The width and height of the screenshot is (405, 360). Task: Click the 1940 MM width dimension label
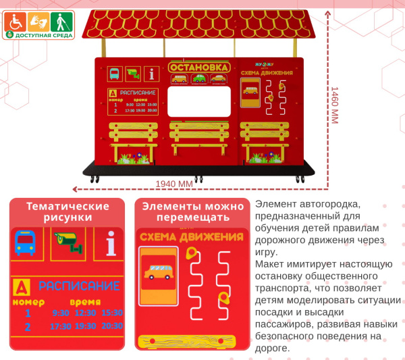coord(174,184)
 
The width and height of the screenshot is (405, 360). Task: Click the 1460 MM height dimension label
coord(333,105)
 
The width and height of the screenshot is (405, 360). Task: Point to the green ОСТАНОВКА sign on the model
coord(198,68)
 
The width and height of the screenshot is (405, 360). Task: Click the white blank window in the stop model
coord(198,101)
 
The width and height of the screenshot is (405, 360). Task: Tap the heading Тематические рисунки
coord(67,211)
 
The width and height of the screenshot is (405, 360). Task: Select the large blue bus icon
coord(26,242)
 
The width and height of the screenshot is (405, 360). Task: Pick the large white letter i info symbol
coord(110,244)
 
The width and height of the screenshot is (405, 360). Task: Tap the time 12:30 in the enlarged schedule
coord(86,313)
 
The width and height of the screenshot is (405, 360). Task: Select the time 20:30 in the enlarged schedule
coord(112,326)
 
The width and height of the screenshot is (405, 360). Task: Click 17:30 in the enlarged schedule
coord(61,326)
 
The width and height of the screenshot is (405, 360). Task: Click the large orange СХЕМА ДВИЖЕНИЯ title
coord(191,236)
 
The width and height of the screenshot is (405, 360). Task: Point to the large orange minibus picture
coord(159,273)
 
